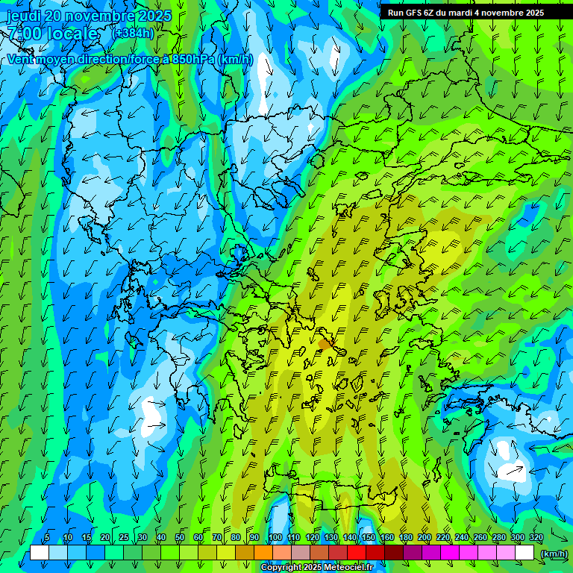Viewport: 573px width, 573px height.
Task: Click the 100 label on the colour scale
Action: pyautogui.click(x=275, y=538)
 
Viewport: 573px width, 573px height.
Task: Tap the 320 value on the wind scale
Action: pyautogui.click(x=536, y=538)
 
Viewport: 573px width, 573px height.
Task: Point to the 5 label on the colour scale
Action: pyautogui.click(x=47, y=538)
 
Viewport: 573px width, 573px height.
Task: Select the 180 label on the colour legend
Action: pyautogui.click(x=406, y=538)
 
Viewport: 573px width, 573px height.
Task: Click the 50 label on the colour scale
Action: pyautogui.click(x=180, y=538)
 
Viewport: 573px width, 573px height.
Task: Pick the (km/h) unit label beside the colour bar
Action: pyautogui.click(x=554, y=554)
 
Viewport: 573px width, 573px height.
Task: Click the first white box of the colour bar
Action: pyautogui.click(x=40, y=553)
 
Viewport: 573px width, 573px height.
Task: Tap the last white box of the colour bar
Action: pyautogui.click(x=525, y=553)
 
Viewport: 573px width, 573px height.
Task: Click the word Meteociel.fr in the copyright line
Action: pyautogui.click(x=348, y=568)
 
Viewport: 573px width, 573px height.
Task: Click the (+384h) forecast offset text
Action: pyautogui.click(x=133, y=33)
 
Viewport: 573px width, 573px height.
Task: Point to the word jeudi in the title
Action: pyautogui.click(x=26, y=16)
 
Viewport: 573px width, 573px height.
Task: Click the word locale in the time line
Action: pyautogui.click(x=73, y=34)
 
